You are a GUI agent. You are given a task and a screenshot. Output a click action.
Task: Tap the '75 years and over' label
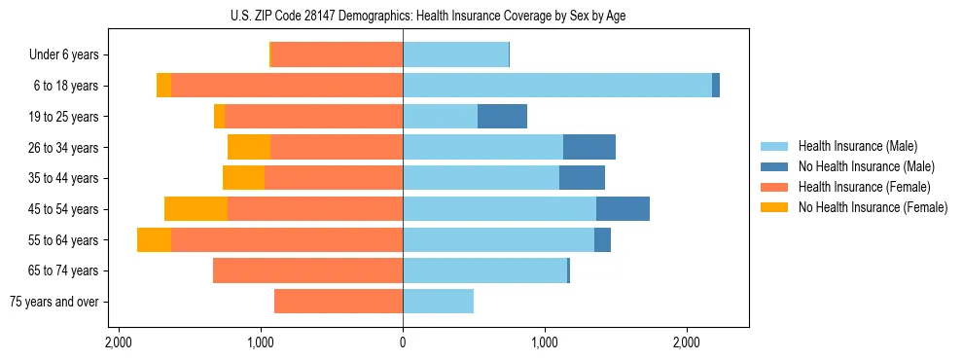pos(54,302)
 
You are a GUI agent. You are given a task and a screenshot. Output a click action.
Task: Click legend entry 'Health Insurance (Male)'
pos(857,146)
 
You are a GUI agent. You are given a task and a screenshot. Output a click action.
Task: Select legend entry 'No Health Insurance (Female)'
pos(873,207)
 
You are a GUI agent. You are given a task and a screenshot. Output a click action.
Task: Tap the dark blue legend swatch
pos(775,166)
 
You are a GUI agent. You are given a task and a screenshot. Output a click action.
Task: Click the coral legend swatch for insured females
pos(775,187)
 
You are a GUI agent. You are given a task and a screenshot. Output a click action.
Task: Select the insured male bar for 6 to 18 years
pos(557,86)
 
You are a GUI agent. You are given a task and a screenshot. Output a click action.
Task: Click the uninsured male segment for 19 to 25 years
pos(502,117)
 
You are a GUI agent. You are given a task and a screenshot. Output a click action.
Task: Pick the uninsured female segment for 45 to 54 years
pos(196,209)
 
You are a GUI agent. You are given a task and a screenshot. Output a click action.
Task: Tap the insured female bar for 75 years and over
pos(339,302)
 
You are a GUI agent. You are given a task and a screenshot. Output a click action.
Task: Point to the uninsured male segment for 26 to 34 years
pos(588,147)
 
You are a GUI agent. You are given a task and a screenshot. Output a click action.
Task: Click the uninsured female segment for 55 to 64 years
pos(154,240)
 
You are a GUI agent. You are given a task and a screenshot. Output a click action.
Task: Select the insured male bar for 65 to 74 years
pos(484,270)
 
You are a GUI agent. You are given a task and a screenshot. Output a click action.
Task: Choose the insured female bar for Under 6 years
pos(337,55)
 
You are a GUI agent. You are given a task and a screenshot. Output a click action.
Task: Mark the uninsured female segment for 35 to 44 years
pos(243,178)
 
